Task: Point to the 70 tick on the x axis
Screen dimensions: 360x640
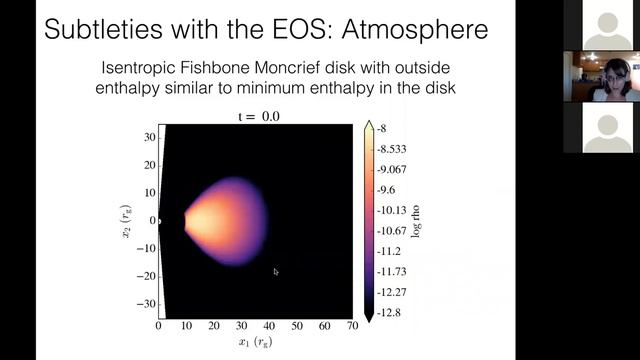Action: tap(350, 326)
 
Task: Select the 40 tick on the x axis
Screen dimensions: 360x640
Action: tap(268, 326)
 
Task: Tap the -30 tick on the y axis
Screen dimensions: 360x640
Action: tap(145, 303)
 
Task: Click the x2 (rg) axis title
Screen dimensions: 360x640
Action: tap(125, 221)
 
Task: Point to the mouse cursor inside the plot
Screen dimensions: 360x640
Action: tap(276, 271)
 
